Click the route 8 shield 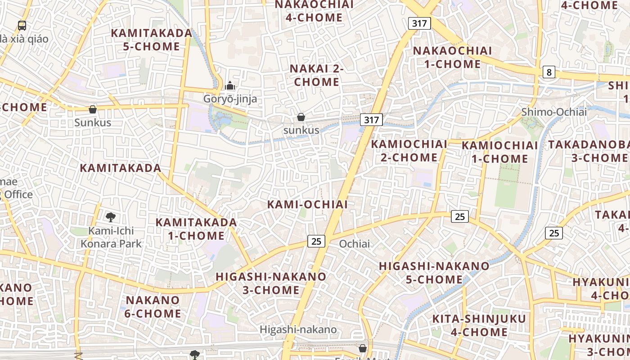pyautogui.click(x=549, y=72)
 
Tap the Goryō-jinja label pyautogui.click(x=230, y=99)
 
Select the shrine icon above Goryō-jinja pyautogui.click(x=230, y=85)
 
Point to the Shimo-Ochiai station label pyautogui.click(x=554, y=112)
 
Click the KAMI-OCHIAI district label pyautogui.click(x=307, y=204)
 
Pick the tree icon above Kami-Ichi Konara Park pyautogui.click(x=111, y=218)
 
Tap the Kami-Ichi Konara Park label pyautogui.click(x=111, y=237)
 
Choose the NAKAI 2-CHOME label pyautogui.click(x=317, y=75)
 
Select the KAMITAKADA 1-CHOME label pyautogui.click(x=196, y=229)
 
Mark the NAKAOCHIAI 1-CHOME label pyautogui.click(x=453, y=57)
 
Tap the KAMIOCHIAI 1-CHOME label pyautogui.click(x=500, y=152)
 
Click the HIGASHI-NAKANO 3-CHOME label pyautogui.click(x=271, y=283)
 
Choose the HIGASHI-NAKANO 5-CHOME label pyautogui.click(x=434, y=273)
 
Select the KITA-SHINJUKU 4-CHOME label pyautogui.click(x=479, y=325)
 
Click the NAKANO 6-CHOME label pyautogui.click(x=153, y=306)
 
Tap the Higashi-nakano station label pyautogui.click(x=298, y=329)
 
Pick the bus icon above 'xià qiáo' pyautogui.click(x=22, y=25)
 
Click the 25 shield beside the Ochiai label pyautogui.click(x=316, y=241)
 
